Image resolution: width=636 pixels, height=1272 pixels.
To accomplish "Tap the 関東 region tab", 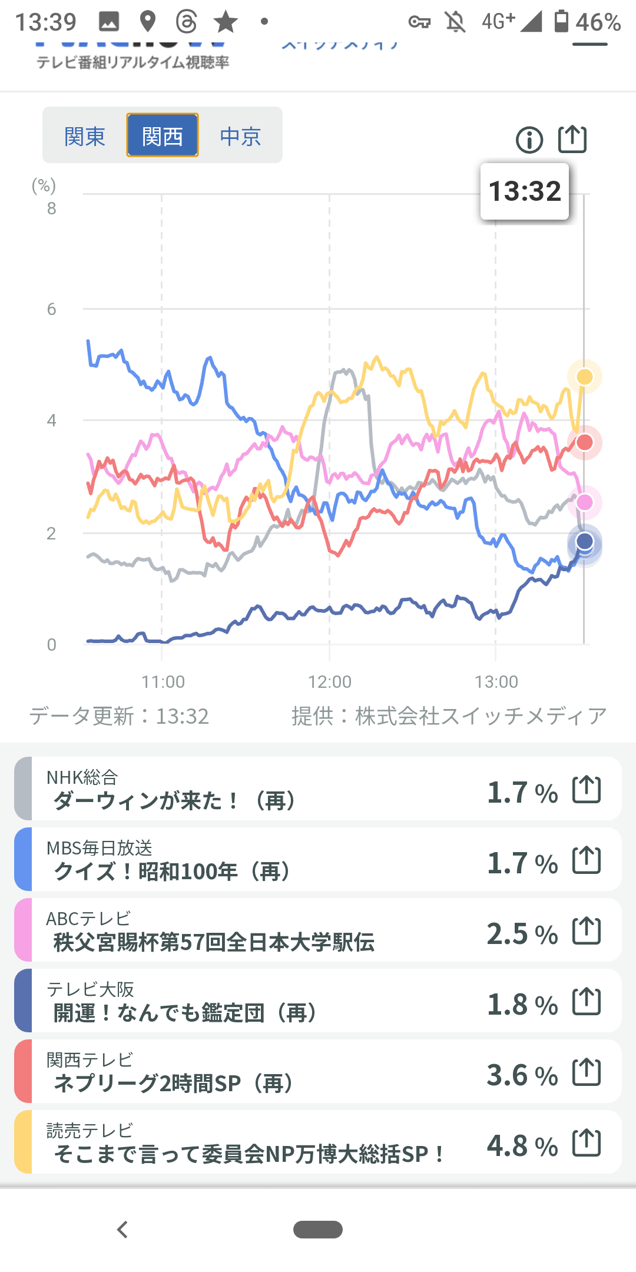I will tap(85, 136).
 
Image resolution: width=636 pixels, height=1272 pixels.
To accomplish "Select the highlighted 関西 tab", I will tap(163, 136).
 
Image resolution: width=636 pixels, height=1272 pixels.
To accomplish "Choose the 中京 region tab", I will tap(240, 136).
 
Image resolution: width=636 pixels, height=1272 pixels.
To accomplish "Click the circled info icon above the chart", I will tap(529, 140).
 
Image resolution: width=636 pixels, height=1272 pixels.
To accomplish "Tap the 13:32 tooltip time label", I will tap(525, 191).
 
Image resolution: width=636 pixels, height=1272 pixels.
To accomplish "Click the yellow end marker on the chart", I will tap(585, 376).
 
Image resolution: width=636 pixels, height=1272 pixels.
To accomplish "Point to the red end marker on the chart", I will tap(585, 442).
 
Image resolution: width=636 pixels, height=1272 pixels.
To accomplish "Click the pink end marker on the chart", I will tap(585, 502).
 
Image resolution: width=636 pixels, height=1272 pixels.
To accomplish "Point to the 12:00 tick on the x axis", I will tap(329, 681).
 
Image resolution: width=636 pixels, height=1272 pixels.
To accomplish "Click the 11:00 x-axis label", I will tap(163, 681).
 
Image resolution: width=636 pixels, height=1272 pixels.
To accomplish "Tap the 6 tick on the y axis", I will tap(52, 309).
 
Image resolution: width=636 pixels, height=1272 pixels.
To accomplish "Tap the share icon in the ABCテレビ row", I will tap(587, 931).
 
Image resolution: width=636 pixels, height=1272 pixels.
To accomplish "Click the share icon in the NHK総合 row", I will tap(587, 790).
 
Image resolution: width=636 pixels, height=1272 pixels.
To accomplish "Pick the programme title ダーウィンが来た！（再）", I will tap(174, 801).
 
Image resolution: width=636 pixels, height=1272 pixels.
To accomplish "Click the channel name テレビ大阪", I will tap(90, 989).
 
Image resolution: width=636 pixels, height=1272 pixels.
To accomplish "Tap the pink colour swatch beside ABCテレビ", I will tap(23, 930).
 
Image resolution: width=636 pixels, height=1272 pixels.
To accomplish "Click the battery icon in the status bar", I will tap(562, 22).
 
